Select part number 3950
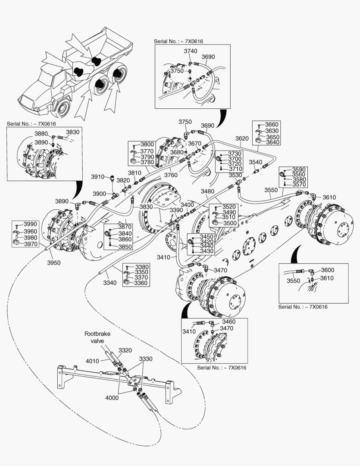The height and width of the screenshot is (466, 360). [54, 262]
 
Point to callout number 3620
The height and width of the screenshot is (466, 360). [242, 139]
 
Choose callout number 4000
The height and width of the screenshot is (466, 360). [111, 398]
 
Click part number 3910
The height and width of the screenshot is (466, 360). [98, 176]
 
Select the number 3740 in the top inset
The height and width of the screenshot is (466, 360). [191, 51]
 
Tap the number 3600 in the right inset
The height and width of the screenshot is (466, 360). [328, 270]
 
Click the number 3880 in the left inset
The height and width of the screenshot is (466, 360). [41, 134]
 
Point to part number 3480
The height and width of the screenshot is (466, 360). [207, 191]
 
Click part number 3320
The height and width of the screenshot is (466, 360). [125, 350]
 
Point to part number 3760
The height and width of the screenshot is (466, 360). [171, 175]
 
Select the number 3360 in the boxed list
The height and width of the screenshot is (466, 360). [141, 283]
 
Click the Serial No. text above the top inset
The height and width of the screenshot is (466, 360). [178, 41]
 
